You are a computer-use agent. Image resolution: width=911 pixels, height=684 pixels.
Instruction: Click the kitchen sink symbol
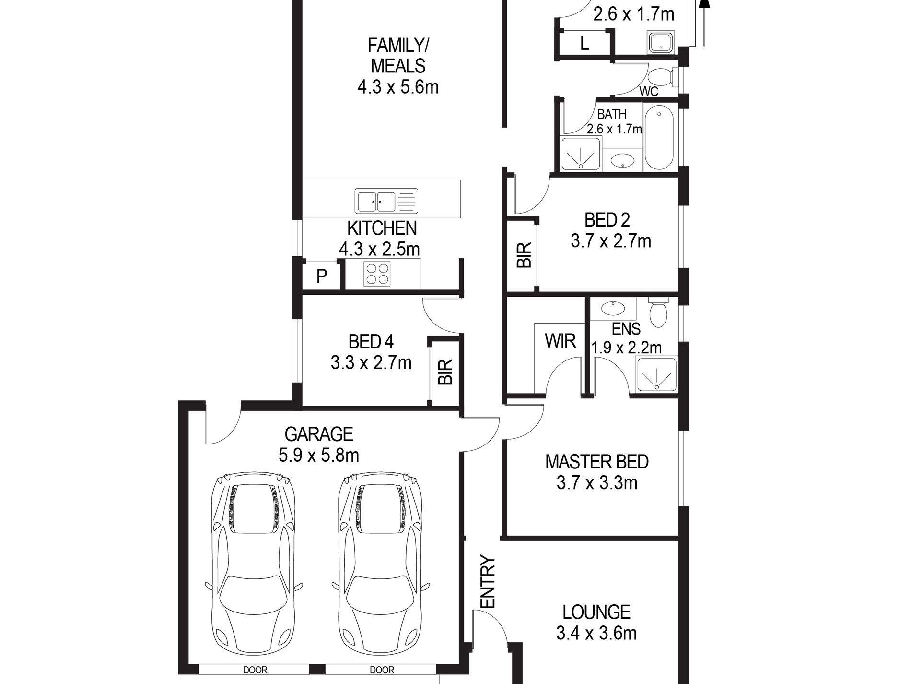[x=386, y=201]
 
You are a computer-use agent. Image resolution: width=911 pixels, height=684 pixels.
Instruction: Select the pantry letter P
[x=322, y=276]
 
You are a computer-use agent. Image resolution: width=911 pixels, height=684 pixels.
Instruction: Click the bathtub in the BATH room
[x=659, y=137]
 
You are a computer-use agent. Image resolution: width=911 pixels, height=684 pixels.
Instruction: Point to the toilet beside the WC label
[x=663, y=77]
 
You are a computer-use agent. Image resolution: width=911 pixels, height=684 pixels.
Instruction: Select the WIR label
[x=560, y=341]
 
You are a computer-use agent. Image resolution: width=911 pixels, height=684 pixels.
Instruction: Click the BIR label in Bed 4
[x=445, y=372]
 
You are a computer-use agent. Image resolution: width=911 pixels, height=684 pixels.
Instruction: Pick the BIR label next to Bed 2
[x=524, y=255]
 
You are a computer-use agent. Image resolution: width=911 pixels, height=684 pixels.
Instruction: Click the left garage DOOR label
[x=255, y=670]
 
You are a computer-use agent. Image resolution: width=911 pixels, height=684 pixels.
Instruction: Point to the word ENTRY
[x=487, y=582]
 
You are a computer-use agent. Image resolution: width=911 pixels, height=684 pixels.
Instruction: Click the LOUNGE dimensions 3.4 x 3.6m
[x=596, y=634]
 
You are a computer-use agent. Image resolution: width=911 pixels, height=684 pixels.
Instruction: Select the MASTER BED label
[x=597, y=462]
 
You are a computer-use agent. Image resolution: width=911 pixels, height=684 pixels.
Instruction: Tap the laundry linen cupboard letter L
[x=584, y=44]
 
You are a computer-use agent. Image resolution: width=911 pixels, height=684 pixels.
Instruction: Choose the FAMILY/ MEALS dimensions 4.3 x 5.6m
[x=398, y=87]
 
